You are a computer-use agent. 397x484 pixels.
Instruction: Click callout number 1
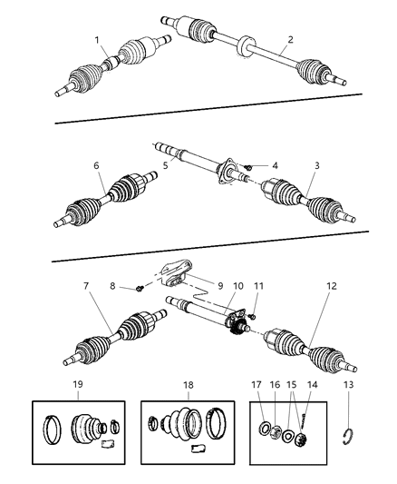98,40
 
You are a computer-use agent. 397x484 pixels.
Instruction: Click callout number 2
290,39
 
